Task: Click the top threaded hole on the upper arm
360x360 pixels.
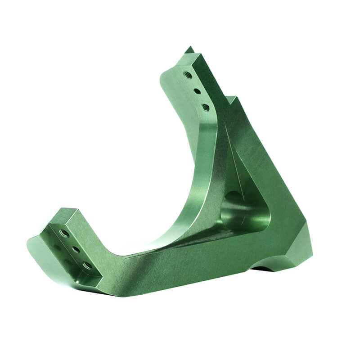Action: [188, 75]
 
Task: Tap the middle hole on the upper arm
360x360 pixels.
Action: [197, 91]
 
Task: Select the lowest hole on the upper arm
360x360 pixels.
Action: [206, 108]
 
